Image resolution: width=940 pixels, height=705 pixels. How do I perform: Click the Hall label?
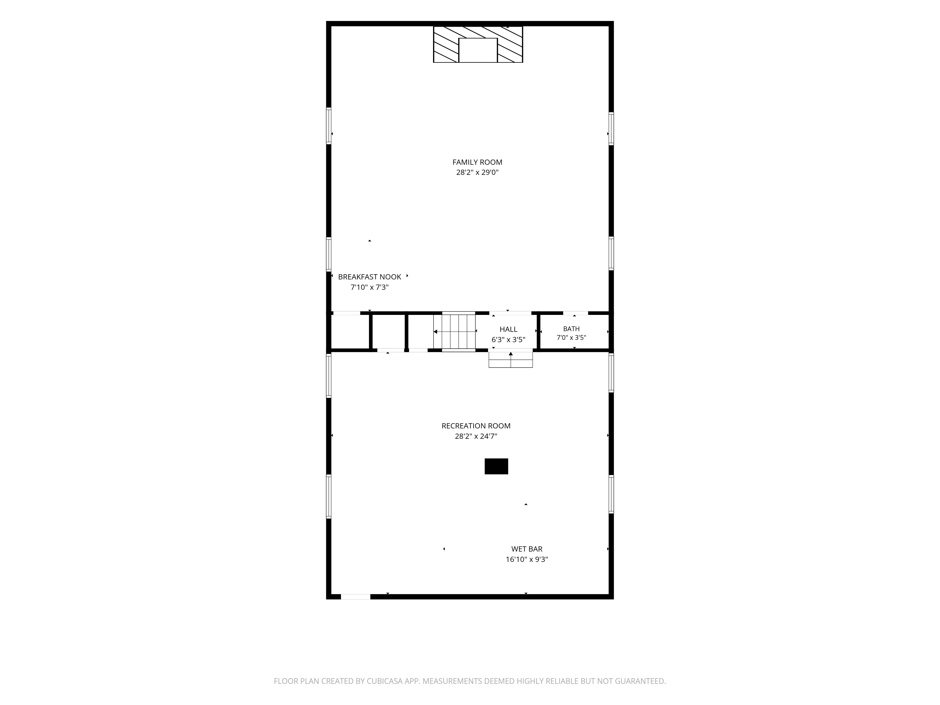click(508, 329)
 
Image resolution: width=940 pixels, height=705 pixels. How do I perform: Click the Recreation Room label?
click(476, 426)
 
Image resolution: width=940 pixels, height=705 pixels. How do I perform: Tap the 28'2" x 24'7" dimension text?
click(476, 436)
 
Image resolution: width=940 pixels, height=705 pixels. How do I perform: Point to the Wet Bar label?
click(527, 549)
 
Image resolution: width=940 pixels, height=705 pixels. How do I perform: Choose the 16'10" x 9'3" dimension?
click(527, 559)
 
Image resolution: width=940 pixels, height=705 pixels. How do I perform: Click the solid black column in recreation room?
click(496, 466)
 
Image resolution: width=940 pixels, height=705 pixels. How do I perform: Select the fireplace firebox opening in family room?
click(478, 50)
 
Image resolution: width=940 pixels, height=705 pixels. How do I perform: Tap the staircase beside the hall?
click(458, 331)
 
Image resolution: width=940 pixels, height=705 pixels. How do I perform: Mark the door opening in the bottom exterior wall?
click(356, 597)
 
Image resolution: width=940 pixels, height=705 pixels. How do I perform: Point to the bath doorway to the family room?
click(576, 313)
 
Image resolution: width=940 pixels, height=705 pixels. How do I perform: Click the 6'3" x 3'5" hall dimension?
click(508, 340)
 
